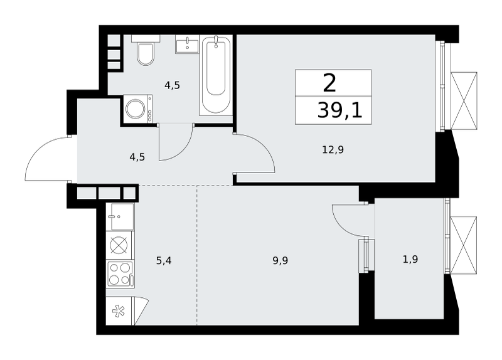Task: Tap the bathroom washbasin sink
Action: (187, 44)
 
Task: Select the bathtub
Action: (215, 75)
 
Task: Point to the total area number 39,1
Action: (339, 111)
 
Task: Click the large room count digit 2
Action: (329, 83)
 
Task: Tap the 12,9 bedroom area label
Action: (333, 149)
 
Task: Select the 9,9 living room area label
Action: (280, 260)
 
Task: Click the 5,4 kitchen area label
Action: (164, 260)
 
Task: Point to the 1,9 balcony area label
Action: (410, 259)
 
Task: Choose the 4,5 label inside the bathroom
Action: (172, 85)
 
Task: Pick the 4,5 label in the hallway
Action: (137, 157)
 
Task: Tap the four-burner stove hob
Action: (120, 274)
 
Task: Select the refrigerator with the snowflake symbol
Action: (127, 310)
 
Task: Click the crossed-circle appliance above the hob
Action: (119, 245)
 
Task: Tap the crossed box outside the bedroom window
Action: (464, 101)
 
